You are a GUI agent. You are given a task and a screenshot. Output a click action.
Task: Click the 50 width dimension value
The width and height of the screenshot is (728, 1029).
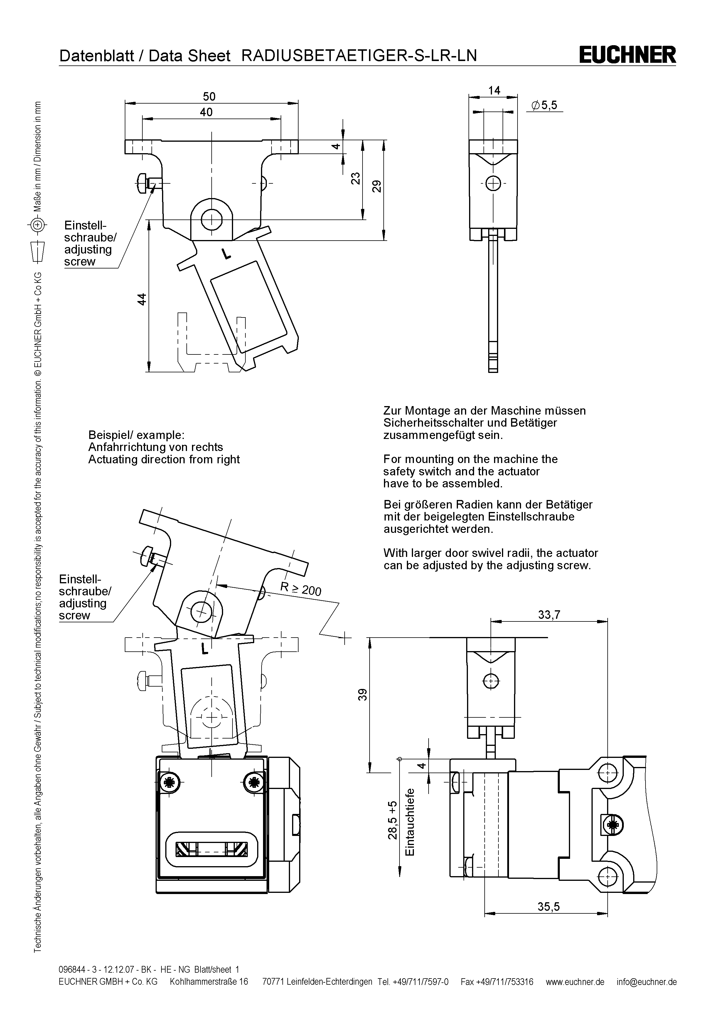(209, 96)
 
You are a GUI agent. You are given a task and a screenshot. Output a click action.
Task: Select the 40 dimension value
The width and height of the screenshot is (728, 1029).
(206, 112)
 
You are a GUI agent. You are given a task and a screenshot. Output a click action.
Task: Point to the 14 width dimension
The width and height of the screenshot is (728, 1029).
(494, 91)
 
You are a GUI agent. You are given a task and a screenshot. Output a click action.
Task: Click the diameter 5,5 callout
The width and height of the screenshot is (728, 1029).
(544, 105)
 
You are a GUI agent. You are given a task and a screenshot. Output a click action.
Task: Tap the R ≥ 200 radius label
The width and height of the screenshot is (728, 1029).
(300, 589)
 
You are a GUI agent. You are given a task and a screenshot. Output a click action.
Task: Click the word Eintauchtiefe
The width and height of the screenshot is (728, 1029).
(409, 823)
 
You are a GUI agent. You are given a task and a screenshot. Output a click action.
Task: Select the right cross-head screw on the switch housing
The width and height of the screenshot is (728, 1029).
(253, 783)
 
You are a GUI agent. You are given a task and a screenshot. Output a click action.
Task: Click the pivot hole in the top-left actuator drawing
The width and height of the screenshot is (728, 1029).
(211, 219)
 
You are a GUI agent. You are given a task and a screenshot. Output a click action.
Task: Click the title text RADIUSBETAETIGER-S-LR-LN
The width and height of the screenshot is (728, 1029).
(359, 55)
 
